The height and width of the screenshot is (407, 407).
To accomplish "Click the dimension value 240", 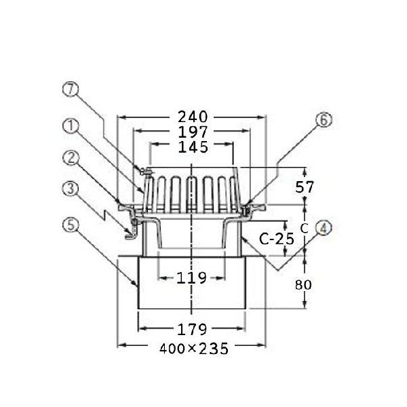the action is click(193, 117).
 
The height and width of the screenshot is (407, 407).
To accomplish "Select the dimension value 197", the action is click(193, 132).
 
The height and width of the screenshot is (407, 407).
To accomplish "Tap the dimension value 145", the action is click(193, 147).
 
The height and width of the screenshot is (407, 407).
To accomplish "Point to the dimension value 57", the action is click(305, 187).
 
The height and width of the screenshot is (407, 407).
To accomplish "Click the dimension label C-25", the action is click(277, 239).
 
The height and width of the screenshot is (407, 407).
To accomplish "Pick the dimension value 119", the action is click(191, 278).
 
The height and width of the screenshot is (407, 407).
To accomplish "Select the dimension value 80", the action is click(303, 285).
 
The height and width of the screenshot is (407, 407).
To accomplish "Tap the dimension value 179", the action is click(192, 330).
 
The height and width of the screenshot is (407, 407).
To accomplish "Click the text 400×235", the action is click(194, 349).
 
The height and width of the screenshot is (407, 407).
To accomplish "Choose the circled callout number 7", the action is click(71, 89).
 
